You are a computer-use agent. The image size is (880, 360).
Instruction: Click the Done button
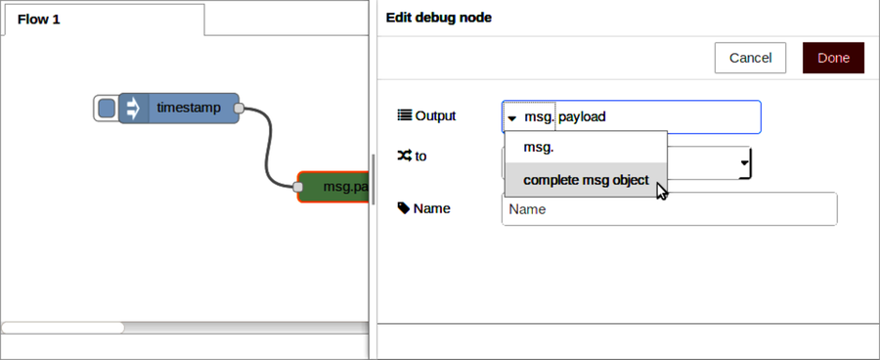(x=833, y=58)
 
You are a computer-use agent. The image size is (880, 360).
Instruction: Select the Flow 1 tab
(x=39, y=20)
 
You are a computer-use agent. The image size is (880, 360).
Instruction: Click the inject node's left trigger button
(x=106, y=108)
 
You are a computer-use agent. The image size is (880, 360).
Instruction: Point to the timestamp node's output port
(x=239, y=108)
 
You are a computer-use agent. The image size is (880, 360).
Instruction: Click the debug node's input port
(x=298, y=186)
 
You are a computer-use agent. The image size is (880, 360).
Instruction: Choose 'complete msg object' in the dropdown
(x=586, y=180)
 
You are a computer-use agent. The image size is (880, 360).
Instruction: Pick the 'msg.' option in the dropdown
(x=539, y=148)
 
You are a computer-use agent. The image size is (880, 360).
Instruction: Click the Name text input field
(x=669, y=209)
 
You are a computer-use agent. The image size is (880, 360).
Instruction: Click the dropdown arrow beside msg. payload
(x=512, y=117)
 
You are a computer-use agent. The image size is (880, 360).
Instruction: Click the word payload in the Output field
(x=582, y=116)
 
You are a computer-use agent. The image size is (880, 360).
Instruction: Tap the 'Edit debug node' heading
(x=438, y=17)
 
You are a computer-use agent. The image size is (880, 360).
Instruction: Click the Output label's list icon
(x=405, y=115)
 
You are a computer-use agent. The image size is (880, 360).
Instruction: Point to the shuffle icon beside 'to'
(x=405, y=156)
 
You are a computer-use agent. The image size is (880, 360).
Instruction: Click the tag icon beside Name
(x=404, y=208)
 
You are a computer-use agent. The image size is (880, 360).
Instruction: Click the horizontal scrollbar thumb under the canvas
(x=63, y=327)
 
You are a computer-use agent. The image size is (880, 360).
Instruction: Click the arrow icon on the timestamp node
(x=132, y=108)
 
